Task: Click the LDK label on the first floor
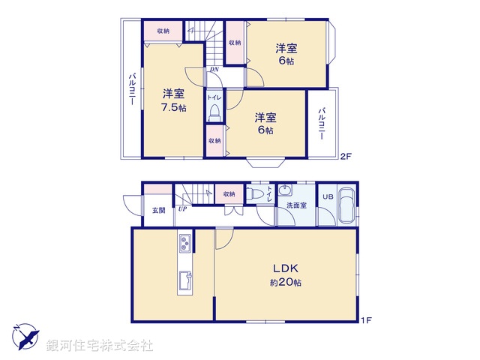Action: [286, 268]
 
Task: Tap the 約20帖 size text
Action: [286, 283]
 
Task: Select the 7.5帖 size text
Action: [174, 107]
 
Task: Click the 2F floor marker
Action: [346, 156]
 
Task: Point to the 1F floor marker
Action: [366, 321]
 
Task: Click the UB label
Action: [328, 196]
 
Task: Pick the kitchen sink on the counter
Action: [184, 281]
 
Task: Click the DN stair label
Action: [214, 70]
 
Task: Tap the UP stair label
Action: [182, 209]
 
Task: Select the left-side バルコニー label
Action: [132, 89]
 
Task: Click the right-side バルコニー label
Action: [322, 124]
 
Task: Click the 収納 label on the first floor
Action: [229, 194]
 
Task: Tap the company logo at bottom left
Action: [25, 336]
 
